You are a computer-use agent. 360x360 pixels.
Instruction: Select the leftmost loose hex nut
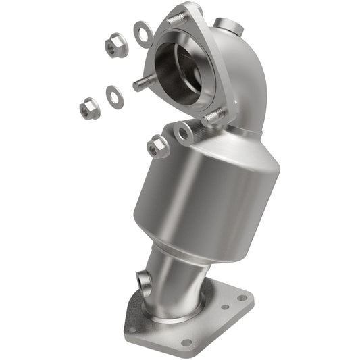point(88,108)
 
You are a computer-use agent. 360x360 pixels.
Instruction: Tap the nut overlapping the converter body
point(158,146)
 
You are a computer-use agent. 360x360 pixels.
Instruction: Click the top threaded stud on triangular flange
point(178,18)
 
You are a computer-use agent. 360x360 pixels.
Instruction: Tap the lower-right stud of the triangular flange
point(212,116)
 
